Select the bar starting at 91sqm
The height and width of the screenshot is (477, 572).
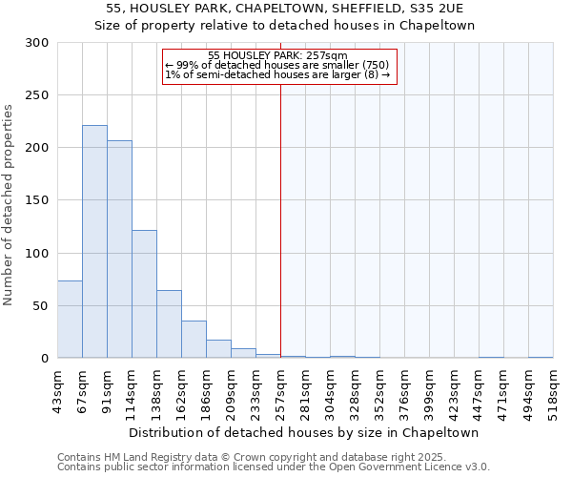point(119,249)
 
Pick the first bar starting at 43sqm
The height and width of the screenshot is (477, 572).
point(70,320)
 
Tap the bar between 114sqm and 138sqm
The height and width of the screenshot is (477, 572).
point(144,294)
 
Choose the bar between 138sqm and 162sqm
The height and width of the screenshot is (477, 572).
point(169,324)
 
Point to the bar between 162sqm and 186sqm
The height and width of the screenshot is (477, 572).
point(194,340)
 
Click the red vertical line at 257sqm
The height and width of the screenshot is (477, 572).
point(280,219)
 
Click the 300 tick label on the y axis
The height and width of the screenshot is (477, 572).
point(37,43)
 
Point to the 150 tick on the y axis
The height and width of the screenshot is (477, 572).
point(37,200)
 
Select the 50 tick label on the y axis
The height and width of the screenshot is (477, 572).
point(41,306)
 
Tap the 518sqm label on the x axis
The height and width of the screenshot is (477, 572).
point(553,392)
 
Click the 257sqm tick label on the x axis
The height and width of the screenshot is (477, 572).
point(280,392)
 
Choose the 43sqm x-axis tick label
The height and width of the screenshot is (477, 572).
point(57,390)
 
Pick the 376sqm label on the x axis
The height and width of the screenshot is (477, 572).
point(404,392)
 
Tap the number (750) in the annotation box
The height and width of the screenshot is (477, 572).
point(374,65)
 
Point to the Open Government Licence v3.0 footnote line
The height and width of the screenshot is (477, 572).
point(274,467)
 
